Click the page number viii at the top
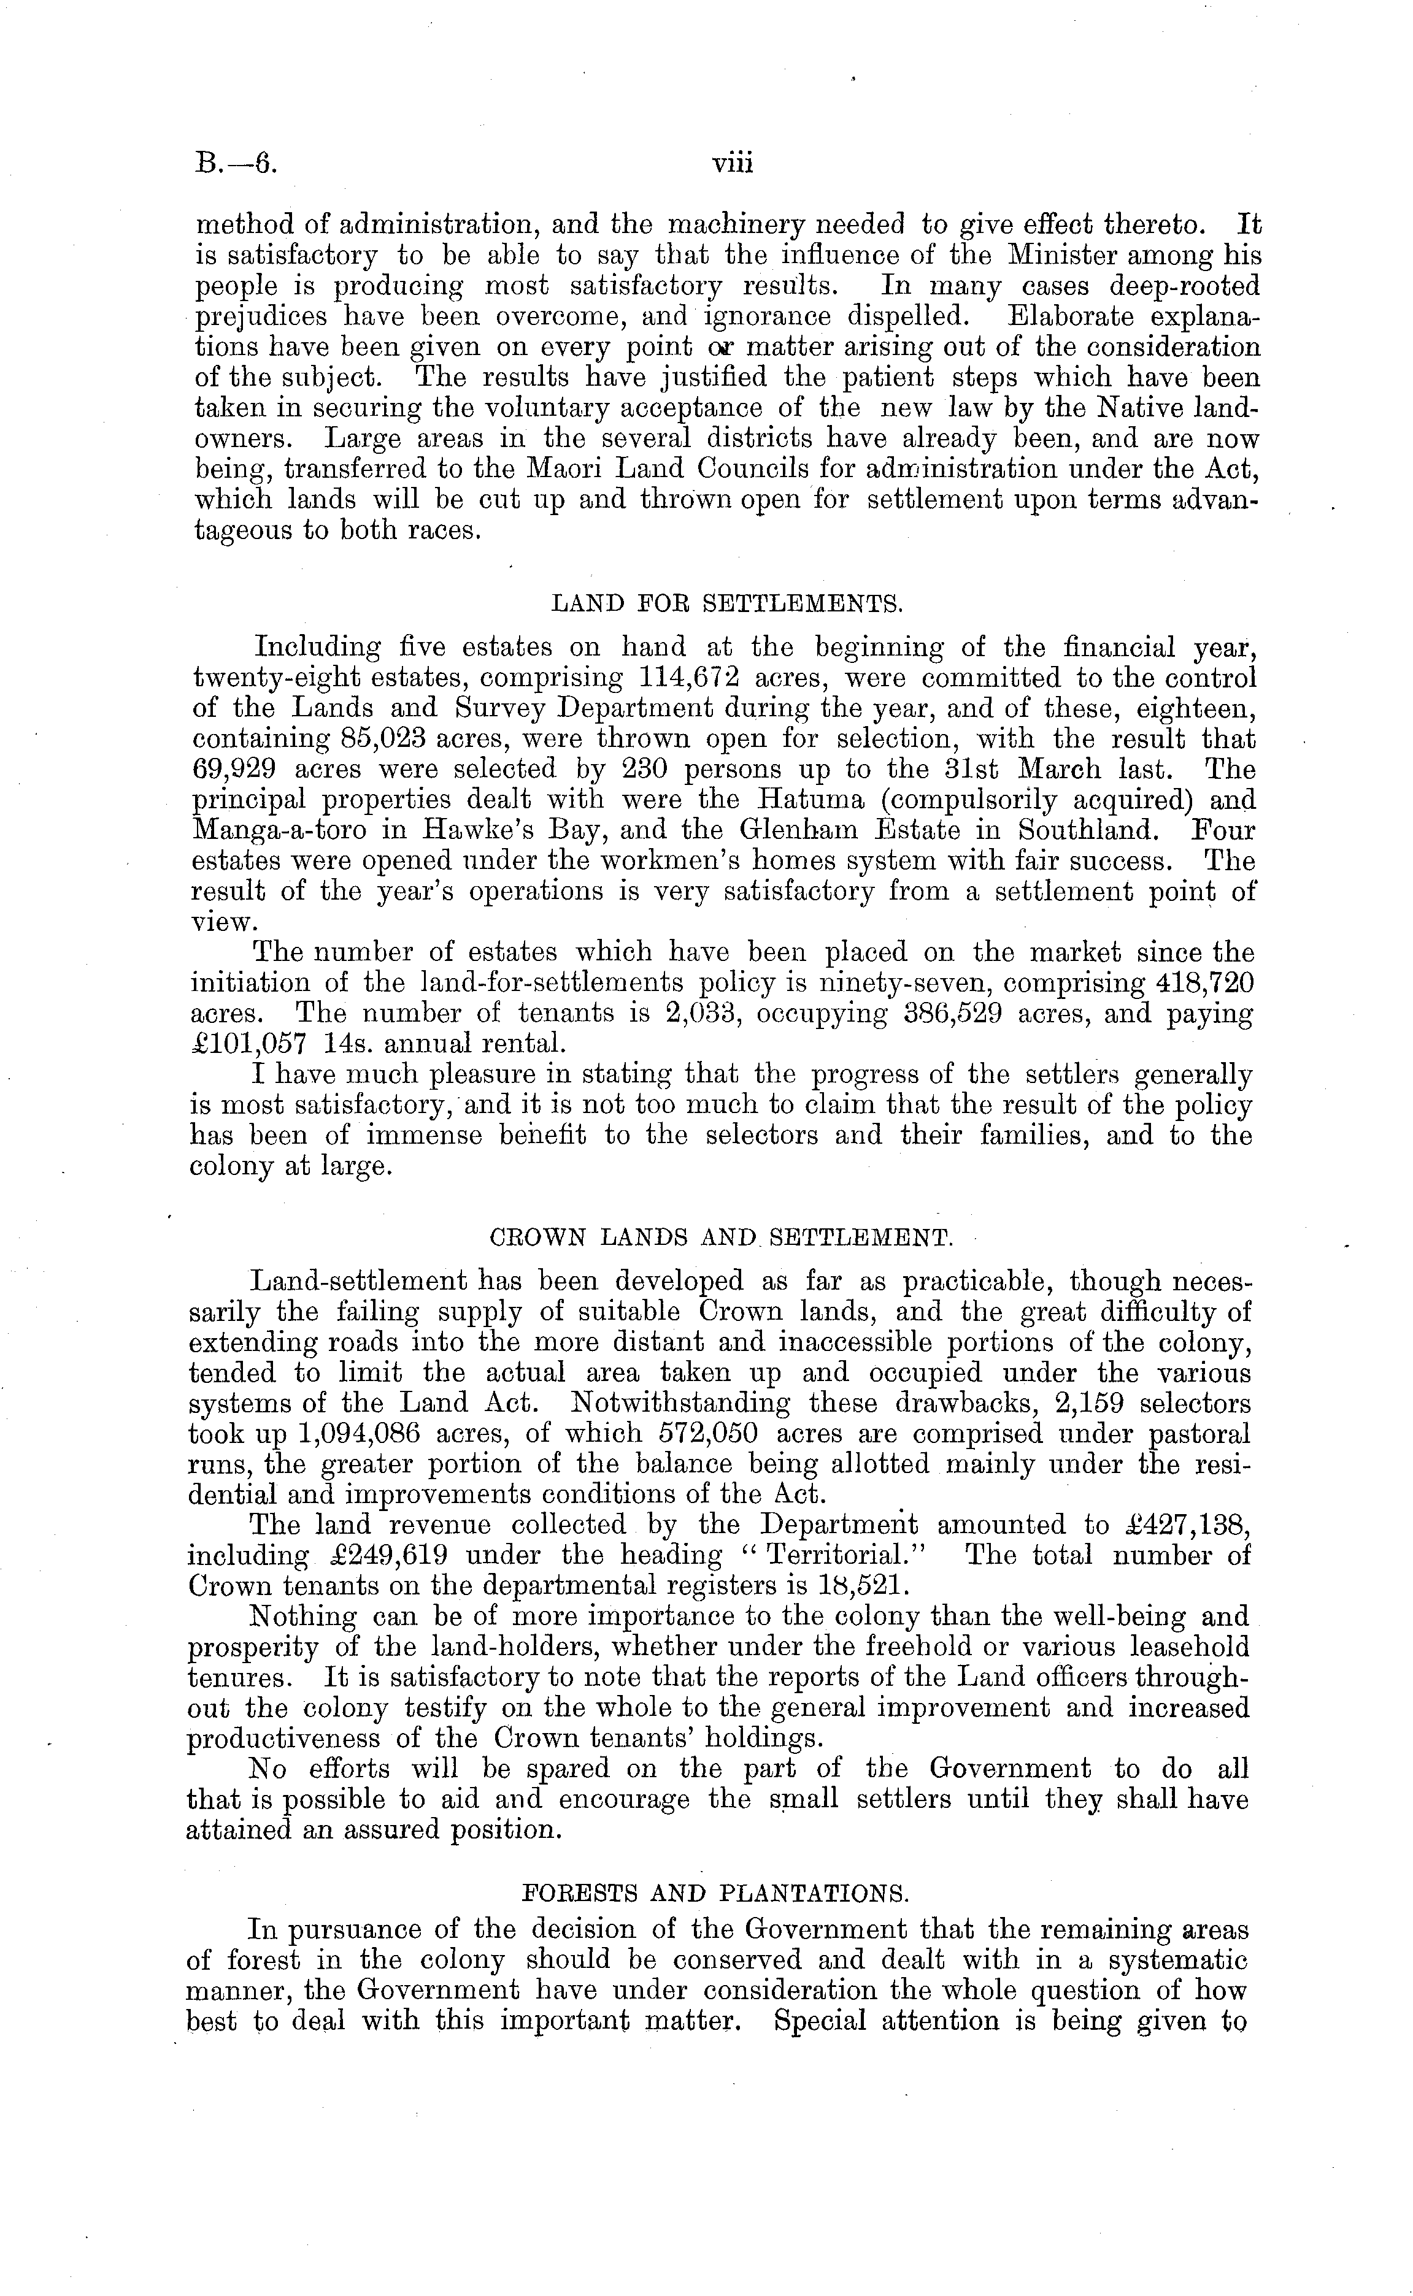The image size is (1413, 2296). coord(732,164)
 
